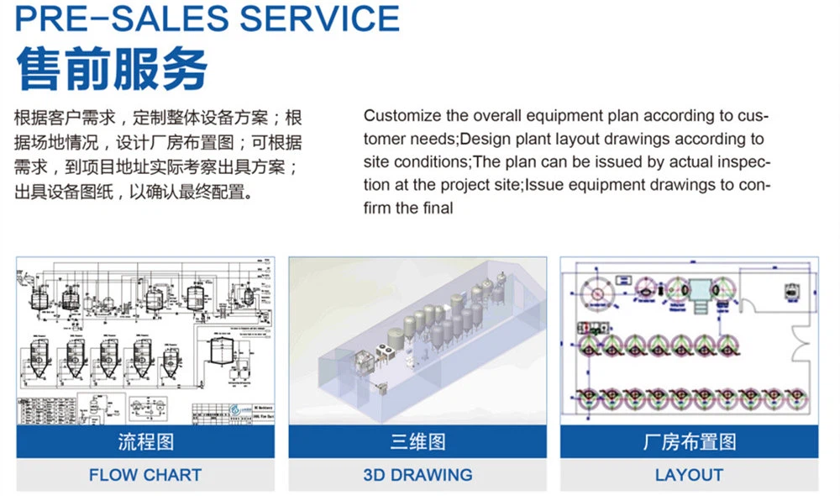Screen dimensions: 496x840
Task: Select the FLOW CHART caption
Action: coord(144,475)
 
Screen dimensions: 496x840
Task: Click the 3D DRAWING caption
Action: coord(417,475)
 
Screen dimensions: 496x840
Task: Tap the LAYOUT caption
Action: coord(689,475)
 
